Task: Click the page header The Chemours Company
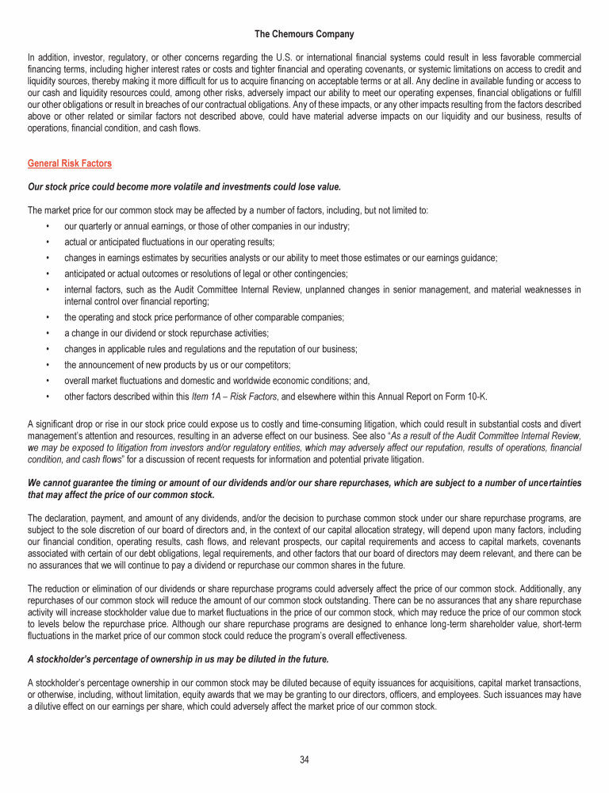click(304, 34)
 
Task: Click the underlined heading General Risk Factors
click(69, 163)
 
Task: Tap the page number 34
click(304, 760)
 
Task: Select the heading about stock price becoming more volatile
click(184, 186)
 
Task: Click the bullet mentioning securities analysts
click(281, 258)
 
